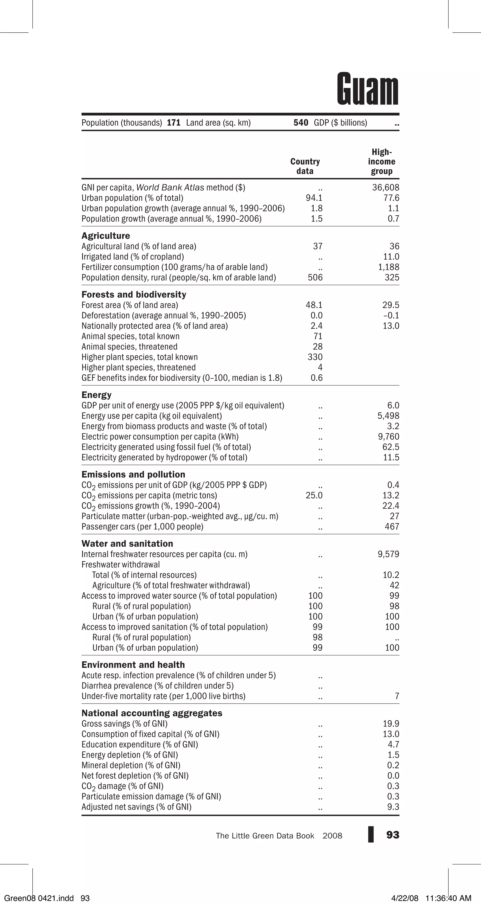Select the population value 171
(x=174, y=123)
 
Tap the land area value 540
(x=301, y=123)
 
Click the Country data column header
(x=305, y=166)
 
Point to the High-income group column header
(x=382, y=162)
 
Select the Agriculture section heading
(x=106, y=236)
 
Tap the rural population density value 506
(x=315, y=278)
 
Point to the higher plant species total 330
(x=315, y=357)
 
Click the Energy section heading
(x=97, y=395)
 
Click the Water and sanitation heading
(x=127, y=544)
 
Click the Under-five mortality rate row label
(x=163, y=696)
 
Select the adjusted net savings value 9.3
(x=393, y=807)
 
